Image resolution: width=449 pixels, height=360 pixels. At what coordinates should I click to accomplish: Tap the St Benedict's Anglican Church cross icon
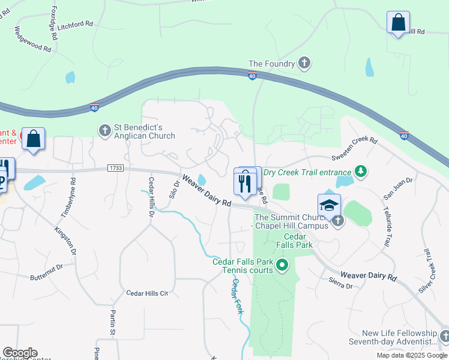105,130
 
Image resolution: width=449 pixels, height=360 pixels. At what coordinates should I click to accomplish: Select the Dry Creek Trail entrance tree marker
360,172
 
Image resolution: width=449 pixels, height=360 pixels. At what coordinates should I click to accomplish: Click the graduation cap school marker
329,206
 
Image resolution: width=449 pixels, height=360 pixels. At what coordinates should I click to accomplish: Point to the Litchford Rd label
75,25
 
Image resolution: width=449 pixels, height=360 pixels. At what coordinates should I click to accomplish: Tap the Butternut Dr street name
46,271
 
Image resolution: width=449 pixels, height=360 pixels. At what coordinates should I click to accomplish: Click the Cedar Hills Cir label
146,293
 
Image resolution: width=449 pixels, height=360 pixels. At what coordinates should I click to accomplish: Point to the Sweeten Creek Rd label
355,149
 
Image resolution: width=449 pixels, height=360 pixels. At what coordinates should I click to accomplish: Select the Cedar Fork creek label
238,297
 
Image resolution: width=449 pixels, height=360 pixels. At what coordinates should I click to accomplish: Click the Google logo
20,353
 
